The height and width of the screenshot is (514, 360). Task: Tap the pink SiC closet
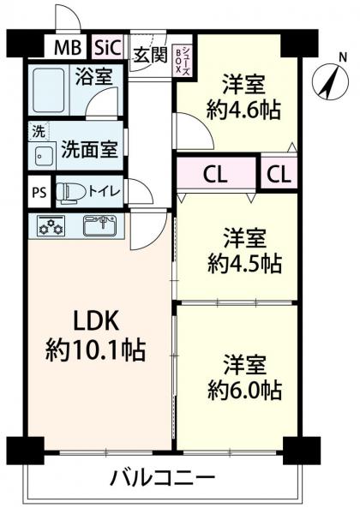(x=108, y=46)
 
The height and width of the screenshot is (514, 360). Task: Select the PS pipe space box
(x=38, y=192)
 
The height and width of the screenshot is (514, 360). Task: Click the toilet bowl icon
(x=69, y=192)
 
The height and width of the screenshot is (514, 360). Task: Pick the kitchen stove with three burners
(x=51, y=226)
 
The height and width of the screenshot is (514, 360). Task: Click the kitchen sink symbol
(x=100, y=226)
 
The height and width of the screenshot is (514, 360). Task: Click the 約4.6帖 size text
(x=244, y=110)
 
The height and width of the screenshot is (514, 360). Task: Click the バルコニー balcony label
(x=162, y=477)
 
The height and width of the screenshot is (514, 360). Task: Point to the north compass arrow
(x=329, y=82)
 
